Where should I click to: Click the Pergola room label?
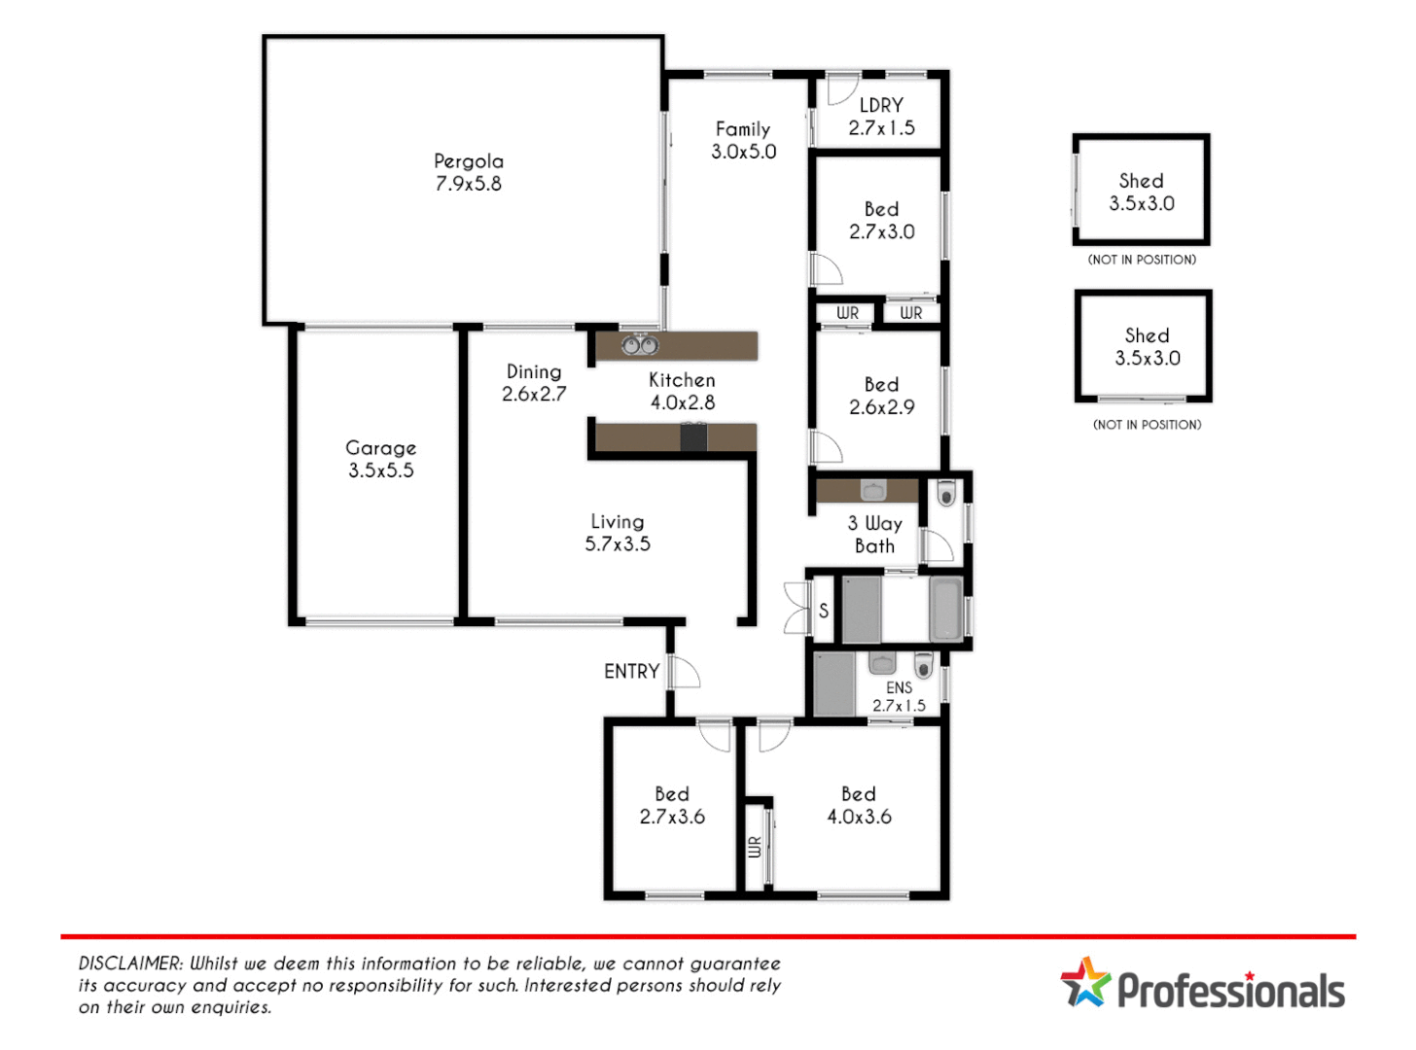(469, 161)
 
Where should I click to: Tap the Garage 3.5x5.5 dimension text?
(381, 471)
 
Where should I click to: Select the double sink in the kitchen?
(640, 344)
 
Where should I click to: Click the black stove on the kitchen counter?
(693, 437)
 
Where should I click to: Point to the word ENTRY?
(631, 672)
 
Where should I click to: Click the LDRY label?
(881, 105)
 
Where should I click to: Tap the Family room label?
(743, 129)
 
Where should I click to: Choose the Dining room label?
(534, 372)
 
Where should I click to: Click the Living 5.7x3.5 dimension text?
(618, 544)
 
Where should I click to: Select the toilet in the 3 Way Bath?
(946, 494)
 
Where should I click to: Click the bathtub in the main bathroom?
(946, 610)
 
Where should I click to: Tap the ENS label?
(899, 687)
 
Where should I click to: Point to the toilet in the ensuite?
(924, 666)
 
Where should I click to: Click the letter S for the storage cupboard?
(824, 611)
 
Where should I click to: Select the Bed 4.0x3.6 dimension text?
(859, 817)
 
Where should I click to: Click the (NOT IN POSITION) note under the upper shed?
(1142, 260)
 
